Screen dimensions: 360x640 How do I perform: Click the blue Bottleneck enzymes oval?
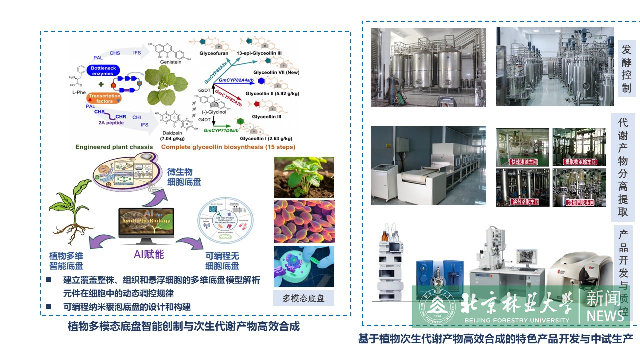pos(104,70)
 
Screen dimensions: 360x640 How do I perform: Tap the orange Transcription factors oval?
pos(105,98)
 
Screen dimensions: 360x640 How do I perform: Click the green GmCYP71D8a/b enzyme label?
pos(223,130)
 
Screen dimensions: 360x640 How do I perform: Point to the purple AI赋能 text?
pos(149,254)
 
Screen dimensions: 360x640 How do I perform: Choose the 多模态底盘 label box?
pos(303,298)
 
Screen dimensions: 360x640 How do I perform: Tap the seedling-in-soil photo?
pos(304,177)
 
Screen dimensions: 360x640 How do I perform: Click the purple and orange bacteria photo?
pos(304,221)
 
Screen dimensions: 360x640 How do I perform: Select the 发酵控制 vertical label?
pos(626,69)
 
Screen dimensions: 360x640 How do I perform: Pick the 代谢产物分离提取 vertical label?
pos(623,167)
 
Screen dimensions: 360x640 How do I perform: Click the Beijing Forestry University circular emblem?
pos(437,306)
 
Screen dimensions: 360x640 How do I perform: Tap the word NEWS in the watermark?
pos(605,316)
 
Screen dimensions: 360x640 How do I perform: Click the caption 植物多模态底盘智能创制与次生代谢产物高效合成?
pos(183,327)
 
